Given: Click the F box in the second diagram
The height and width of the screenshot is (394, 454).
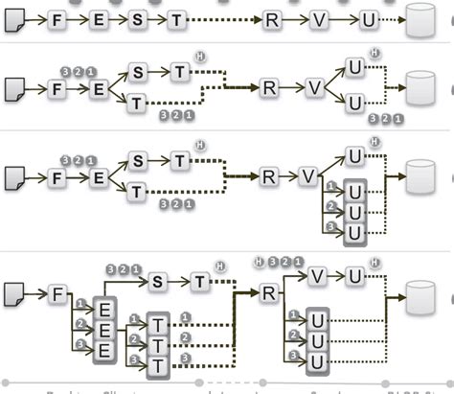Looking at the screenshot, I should pos(57,89).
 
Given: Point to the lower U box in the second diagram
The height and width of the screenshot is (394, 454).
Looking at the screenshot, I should pos(354,102).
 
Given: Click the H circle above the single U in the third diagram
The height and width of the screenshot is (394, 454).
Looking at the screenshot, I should pos(375,143).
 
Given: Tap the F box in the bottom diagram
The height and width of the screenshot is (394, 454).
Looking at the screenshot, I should pos(57,295).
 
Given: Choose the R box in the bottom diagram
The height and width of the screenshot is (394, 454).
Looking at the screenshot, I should pos(269,292).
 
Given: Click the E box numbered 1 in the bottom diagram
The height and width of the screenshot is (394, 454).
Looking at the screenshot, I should pos(103,309).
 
